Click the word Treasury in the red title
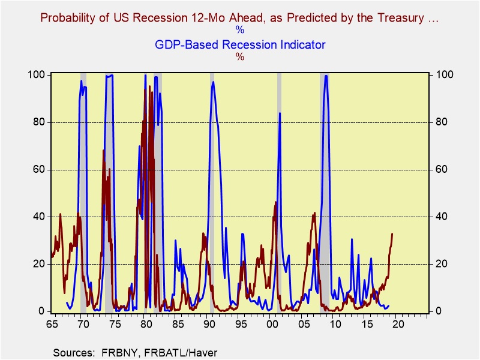400,19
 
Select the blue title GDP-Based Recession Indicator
240,44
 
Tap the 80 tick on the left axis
38,122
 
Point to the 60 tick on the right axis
441,170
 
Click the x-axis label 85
178,323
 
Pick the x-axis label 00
272,323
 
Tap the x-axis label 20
398,323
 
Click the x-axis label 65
52,323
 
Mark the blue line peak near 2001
280,113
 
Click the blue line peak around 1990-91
213,82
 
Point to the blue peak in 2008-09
326,76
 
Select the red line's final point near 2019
392,233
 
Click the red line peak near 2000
276,202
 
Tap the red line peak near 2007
314,213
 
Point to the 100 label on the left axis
37,74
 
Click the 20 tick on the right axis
441,264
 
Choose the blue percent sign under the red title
240,30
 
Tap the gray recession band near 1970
83,192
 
